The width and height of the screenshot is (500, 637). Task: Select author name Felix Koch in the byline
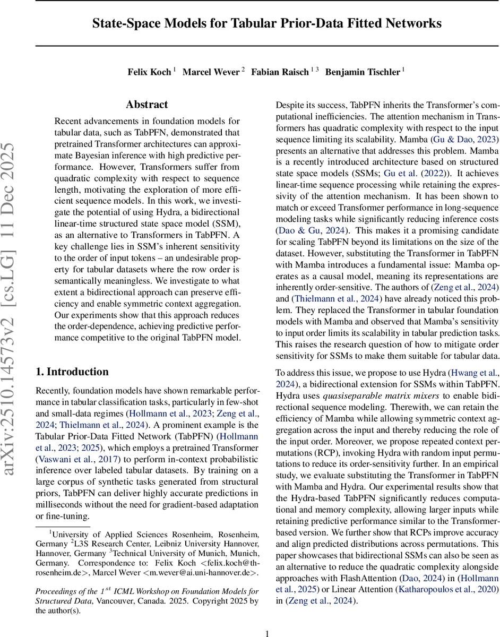[149, 71]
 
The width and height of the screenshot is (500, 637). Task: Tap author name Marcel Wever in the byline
[211, 71]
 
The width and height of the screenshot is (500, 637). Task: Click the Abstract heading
[146, 105]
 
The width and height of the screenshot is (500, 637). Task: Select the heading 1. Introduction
[72, 372]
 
